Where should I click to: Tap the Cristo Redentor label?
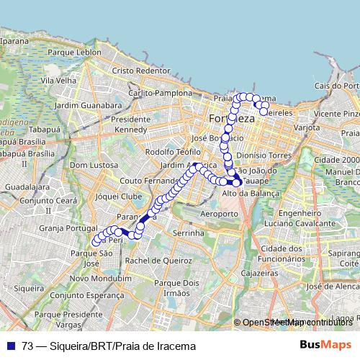[x=140, y=71]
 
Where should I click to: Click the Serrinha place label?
[x=189, y=234]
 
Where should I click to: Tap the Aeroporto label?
[x=219, y=215]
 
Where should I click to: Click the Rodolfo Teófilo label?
[x=173, y=152]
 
